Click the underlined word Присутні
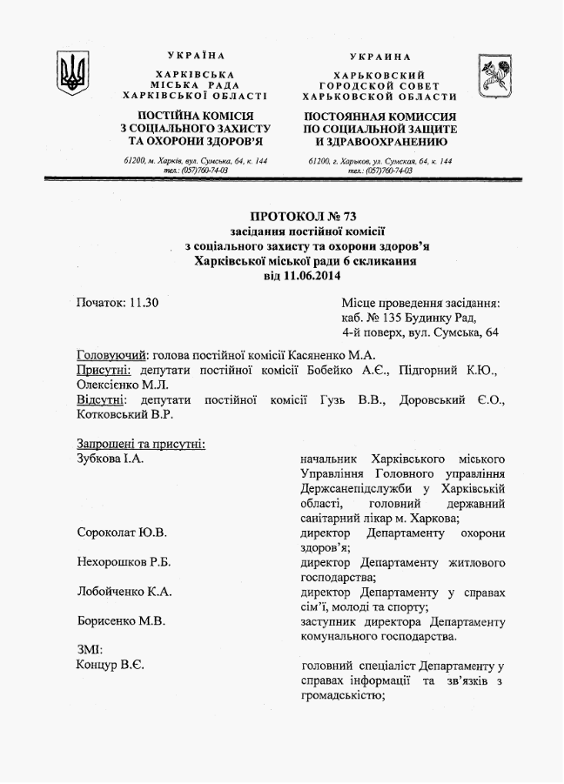(x=104, y=370)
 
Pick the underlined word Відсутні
(x=101, y=399)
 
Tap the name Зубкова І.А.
(x=110, y=459)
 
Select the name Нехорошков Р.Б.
(x=124, y=562)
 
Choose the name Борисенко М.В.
(x=121, y=621)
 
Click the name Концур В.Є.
(x=111, y=666)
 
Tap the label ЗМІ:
(x=91, y=650)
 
